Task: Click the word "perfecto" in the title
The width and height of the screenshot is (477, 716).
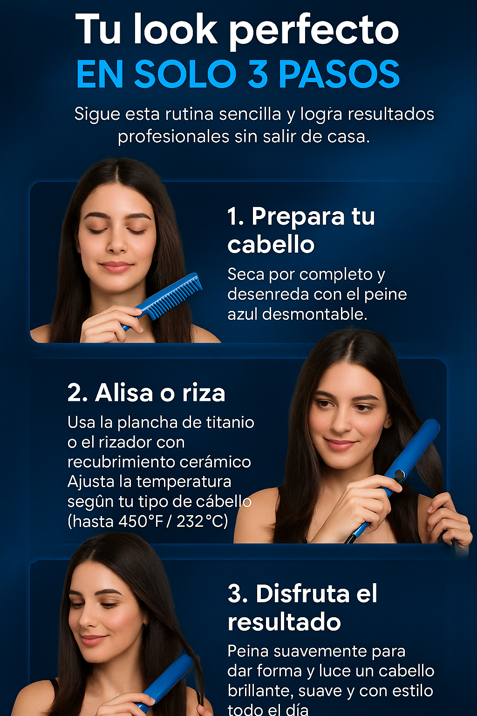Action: [314, 31]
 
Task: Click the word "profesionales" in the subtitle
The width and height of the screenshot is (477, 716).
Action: [173, 137]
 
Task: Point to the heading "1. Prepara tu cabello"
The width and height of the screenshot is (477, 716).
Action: [301, 230]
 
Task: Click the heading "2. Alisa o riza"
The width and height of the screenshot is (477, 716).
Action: [146, 392]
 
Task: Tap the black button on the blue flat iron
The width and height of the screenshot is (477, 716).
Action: [399, 475]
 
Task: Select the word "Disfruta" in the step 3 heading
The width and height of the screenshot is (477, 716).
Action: [303, 593]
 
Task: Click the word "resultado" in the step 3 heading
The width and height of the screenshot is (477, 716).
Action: [284, 622]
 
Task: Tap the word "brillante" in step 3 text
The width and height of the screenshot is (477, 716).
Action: [260, 691]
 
